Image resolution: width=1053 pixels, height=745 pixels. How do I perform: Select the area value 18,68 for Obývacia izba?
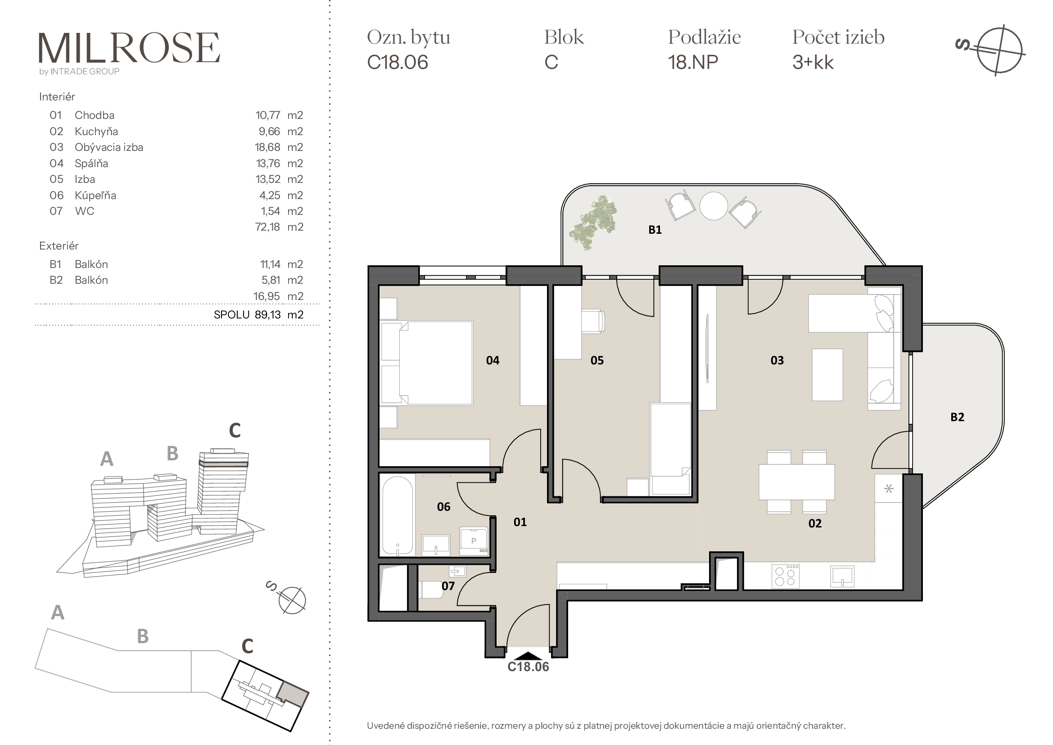click(x=268, y=147)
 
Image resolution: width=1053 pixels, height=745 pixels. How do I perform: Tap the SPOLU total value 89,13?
click(x=268, y=315)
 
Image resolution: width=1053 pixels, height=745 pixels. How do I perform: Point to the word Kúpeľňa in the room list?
click(x=95, y=195)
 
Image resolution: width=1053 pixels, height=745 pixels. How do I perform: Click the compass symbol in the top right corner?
click(x=995, y=50)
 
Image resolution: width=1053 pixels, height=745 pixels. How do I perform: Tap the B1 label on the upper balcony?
click(x=655, y=230)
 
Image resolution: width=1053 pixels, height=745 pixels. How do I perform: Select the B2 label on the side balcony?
click(x=957, y=417)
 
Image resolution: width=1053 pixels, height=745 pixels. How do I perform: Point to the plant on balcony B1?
click(x=592, y=222)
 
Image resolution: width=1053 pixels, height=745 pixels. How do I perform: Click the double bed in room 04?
click(x=426, y=363)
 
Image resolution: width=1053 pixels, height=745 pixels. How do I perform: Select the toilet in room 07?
click(x=431, y=590)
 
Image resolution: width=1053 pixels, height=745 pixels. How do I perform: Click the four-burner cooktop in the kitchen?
click(x=786, y=576)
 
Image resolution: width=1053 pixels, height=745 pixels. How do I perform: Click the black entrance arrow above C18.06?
click(x=528, y=656)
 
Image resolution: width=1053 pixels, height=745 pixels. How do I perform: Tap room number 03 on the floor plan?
click(x=777, y=361)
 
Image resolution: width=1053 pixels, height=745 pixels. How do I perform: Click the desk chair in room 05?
click(x=593, y=321)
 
